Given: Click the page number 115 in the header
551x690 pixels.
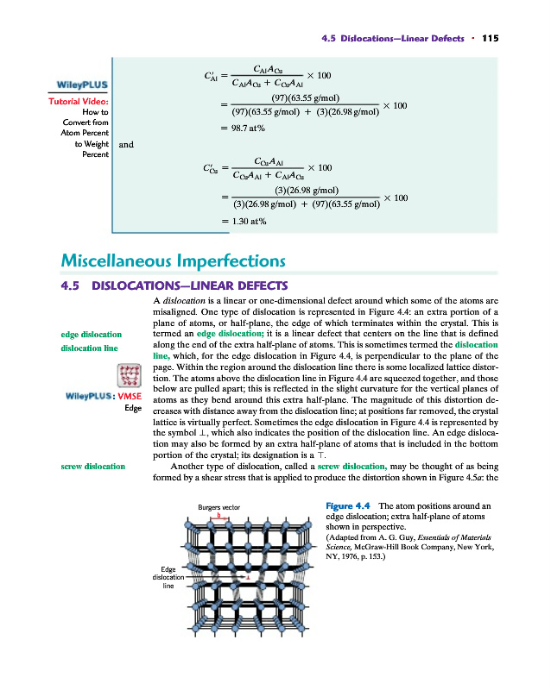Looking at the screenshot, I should [x=491, y=37].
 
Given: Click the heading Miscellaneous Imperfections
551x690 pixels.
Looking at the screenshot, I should [x=174, y=260].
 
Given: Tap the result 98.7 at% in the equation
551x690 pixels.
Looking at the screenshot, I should [x=244, y=128].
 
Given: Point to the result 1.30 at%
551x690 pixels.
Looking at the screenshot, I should [x=244, y=222].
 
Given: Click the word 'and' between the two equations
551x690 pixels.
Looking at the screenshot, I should [x=126, y=145].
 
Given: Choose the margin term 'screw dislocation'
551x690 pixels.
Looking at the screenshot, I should [x=93, y=467].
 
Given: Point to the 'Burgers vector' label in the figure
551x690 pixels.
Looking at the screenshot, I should [x=218, y=508].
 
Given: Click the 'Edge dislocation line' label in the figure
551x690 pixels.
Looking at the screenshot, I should [x=168, y=577].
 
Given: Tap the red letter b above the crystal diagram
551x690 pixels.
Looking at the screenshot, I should [x=218, y=515].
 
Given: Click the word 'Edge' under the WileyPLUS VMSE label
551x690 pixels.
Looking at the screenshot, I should [x=132, y=408].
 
